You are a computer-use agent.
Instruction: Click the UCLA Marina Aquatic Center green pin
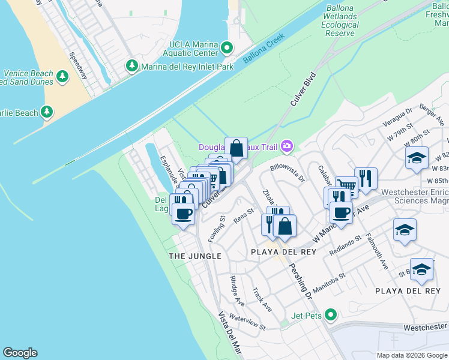point(227,47)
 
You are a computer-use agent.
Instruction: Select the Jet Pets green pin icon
point(330,314)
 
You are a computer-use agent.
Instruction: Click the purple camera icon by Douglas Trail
point(288,146)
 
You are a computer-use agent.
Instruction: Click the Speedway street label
point(78,65)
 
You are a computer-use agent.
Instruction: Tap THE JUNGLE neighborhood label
point(195,256)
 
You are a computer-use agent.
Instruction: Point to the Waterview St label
point(247,323)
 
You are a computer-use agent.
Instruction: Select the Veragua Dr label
point(400,116)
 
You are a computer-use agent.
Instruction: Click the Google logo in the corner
point(20,353)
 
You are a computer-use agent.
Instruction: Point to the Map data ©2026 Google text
point(411,355)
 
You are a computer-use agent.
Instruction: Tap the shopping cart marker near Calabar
point(346,185)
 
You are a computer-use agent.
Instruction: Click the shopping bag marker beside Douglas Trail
point(237,148)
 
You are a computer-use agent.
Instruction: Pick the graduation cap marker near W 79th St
point(417,158)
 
